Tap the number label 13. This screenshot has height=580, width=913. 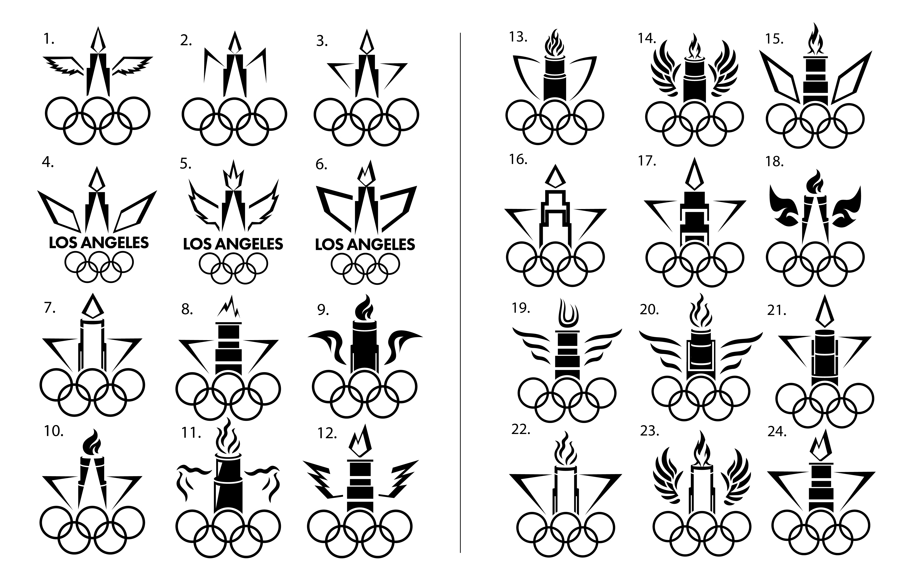[518, 37]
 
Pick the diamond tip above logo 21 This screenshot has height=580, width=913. [824, 313]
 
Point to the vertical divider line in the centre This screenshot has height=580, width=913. [460, 292]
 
